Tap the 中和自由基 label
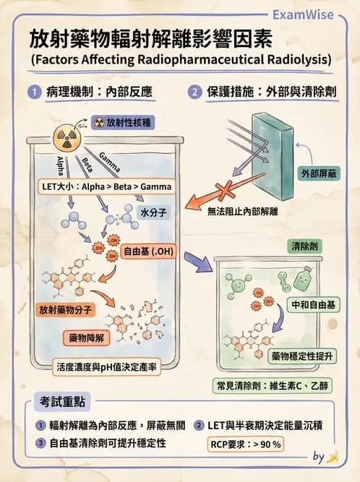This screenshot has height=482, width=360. coord(312,305)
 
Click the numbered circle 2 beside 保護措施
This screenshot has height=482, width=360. coord(195,92)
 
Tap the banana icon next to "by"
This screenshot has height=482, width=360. coord(333,457)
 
